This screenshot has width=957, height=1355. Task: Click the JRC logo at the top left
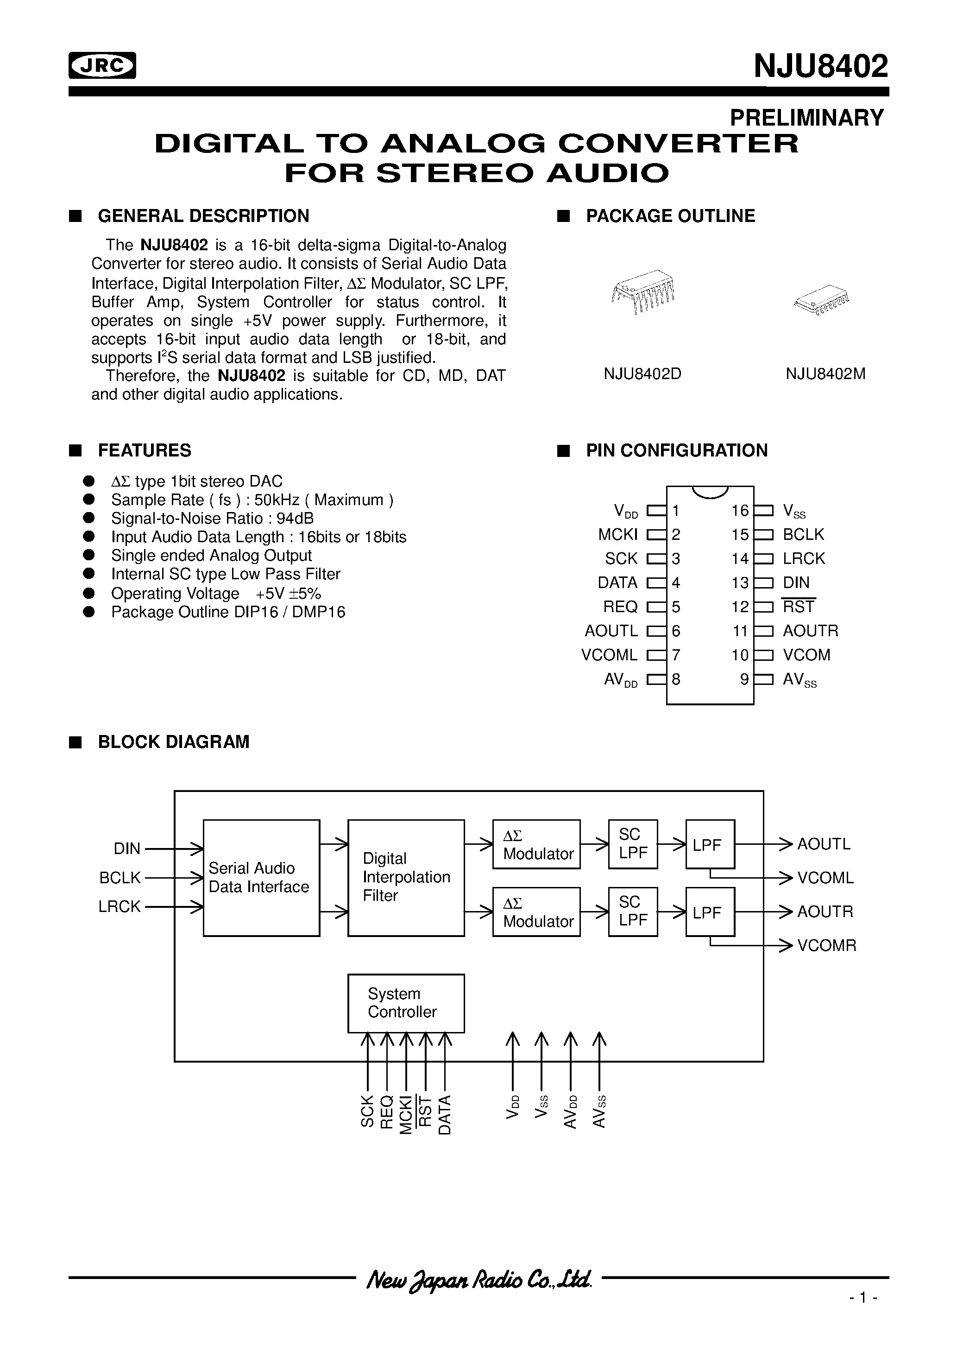pyautogui.click(x=102, y=65)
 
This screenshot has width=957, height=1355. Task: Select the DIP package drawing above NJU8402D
pyautogui.click(x=642, y=293)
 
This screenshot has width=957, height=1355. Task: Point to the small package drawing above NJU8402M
pyautogui.click(x=821, y=302)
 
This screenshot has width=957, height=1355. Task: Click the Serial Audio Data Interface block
pyautogui.click(x=261, y=878)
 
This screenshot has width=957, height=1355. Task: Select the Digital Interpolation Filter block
pyautogui.click(x=406, y=878)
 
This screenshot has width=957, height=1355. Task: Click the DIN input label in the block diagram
pyautogui.click(x=127, y=848)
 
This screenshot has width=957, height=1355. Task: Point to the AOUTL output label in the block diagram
pyautogui.click(x=824, y=844)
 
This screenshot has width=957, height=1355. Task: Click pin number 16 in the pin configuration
pyautogui.click(x=740, y=511)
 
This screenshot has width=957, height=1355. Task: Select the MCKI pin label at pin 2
pyautogui.click(x=618, y=535)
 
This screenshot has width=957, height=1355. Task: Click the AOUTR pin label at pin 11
pyautogui.click(x=810, y=631)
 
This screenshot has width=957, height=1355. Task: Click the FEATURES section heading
pyautogui.click(x=145, y=450)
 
